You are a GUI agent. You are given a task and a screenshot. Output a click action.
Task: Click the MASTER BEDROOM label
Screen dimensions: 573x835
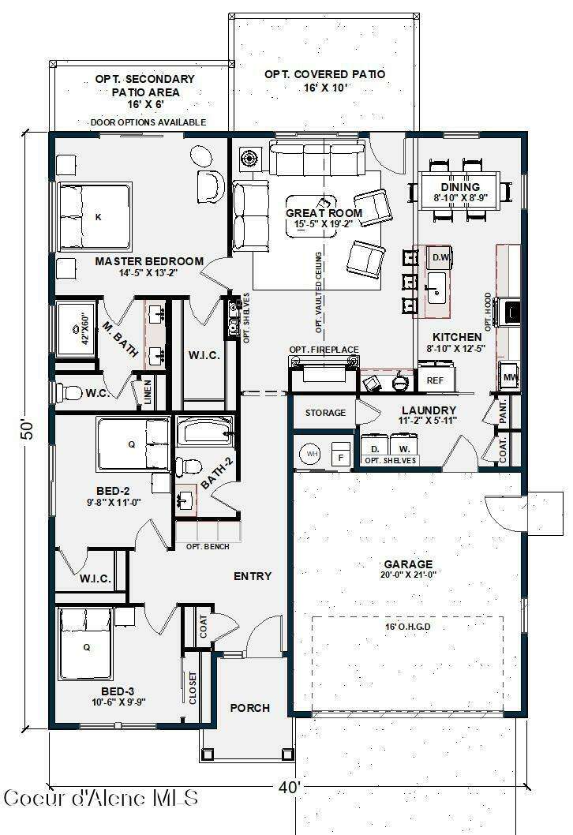click(x=149, y=261)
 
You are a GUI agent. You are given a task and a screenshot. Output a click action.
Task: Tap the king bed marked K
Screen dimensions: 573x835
click(x=95, y=217)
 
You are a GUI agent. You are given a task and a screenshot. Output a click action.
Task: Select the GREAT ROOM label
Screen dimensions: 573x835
click(x=324, y=213)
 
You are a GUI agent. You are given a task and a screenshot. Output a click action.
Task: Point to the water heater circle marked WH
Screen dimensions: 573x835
click(x=312, y=454)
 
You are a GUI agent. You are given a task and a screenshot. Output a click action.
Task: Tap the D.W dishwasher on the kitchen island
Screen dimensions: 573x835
click(x=440, y=258)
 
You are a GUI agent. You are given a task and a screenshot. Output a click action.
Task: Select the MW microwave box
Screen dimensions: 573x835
click(x=510, y=377)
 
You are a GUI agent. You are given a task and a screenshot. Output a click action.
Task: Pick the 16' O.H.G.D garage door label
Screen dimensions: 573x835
click(x=408, y=627)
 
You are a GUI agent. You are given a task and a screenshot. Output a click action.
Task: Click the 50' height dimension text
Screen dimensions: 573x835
click(x=28, y=429)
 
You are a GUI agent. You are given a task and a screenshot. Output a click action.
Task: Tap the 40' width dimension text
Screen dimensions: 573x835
click(x=289, y=787)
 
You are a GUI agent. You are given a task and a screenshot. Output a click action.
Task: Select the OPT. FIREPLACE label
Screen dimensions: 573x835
click(x=324, y=350)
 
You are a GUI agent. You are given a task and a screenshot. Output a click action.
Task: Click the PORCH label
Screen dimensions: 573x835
click(x=249, y=708)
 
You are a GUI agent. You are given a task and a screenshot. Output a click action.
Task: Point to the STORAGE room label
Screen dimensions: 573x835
click(x=325, y=413)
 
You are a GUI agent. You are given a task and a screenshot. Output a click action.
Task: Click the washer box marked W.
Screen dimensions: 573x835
click(x=404, y=447)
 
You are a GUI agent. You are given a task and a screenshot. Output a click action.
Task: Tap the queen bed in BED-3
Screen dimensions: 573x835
click(x=85, y=645)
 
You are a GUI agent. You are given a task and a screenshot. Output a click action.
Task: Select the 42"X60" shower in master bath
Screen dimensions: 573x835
click(x=77, y=328)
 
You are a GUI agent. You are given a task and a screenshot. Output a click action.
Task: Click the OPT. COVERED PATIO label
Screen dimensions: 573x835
click(x=325, y=74)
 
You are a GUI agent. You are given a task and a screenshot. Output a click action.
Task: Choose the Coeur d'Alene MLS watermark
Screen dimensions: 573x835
click(x=101, y=798)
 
